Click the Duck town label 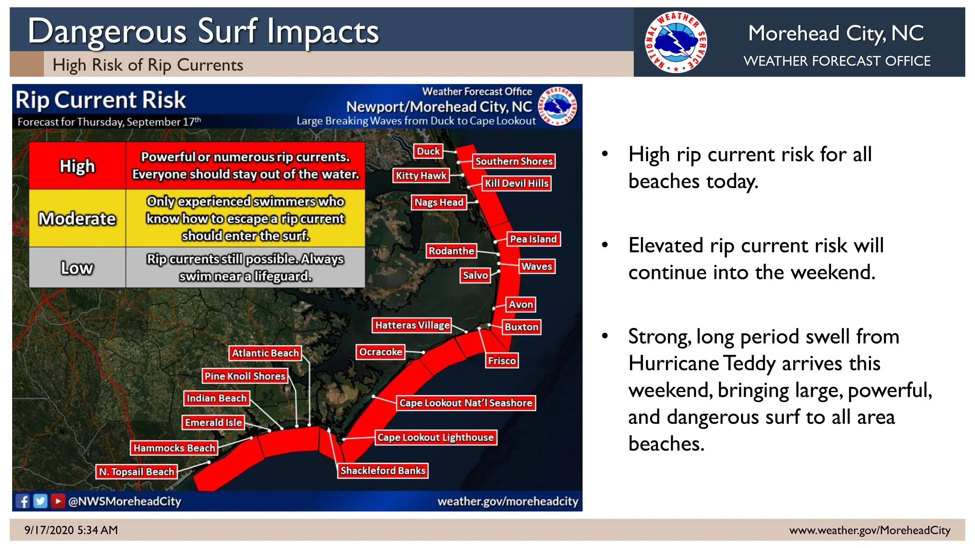[428, 151]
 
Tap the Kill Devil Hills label [517, 183]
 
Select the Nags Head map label [439, 202]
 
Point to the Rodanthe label [451, 251]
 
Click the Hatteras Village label [412, 325]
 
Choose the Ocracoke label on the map [380, 352]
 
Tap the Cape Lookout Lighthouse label [435, 437]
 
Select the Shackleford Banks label [383, 470]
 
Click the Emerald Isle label [213, 422]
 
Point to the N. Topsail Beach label [136, 472]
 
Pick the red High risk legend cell [77, 166]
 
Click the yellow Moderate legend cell [77, 218]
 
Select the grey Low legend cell [77, 268]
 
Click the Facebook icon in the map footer [23, 501]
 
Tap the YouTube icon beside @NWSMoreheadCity [58, 501]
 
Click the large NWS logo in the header [675, 42]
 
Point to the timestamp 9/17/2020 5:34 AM [71, 530]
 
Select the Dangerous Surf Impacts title [203, 31]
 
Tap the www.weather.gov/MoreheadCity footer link [870, 530]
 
